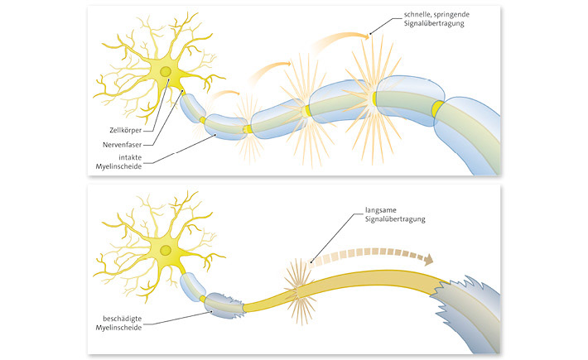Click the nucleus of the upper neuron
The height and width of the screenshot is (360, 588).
pyautogui.click(x=166, y=73)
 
